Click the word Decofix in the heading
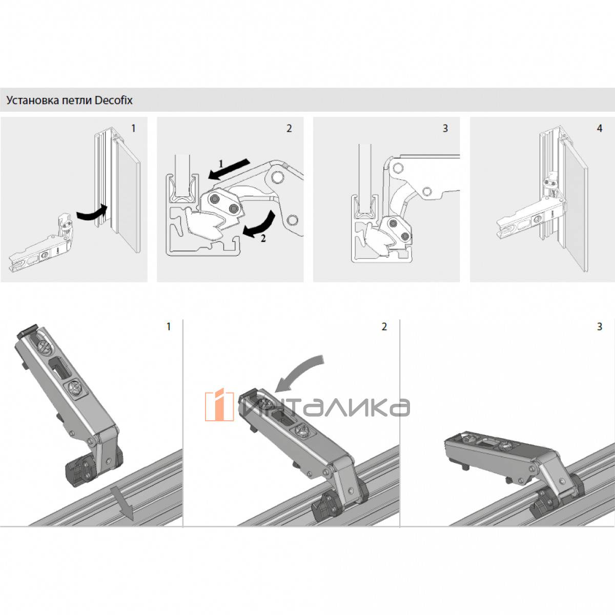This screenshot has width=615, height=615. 114,100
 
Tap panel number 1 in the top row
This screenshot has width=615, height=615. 133,128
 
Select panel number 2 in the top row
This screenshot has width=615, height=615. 289,128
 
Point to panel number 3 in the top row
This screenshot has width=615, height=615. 445,128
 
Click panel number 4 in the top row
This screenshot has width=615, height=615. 600,128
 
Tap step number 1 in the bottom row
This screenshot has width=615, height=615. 169,326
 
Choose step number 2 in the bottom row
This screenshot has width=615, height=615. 384,326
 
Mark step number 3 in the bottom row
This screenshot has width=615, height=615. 600,326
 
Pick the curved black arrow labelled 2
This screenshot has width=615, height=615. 260,226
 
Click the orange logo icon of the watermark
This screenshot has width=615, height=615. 219,405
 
